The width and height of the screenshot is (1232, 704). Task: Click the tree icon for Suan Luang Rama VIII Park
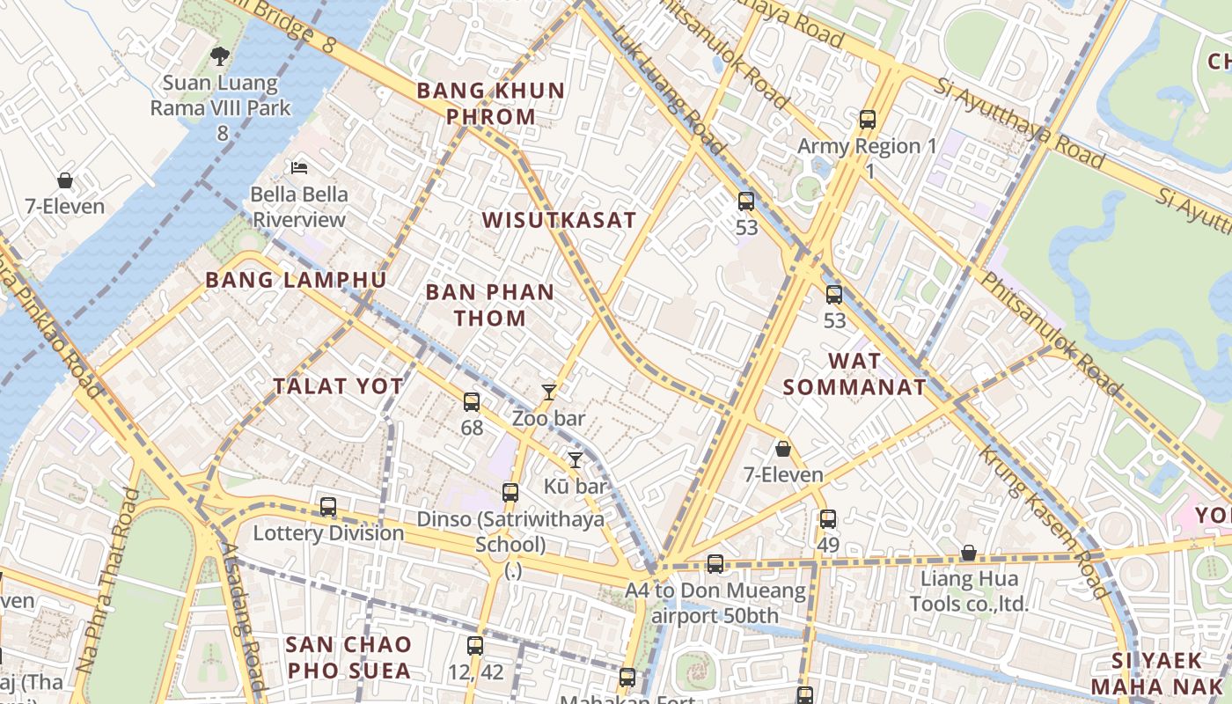219,56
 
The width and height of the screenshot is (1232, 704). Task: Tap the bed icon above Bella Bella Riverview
299,167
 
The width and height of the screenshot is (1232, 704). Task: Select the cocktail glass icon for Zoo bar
549,392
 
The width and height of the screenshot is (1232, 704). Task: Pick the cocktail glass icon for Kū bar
576,459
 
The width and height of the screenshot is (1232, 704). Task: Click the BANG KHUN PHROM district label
491,103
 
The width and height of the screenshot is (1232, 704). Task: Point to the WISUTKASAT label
559,220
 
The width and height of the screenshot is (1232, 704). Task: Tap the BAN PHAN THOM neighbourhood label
490,304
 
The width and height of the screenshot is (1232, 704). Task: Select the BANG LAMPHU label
296,280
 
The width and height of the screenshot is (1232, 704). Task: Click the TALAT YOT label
338,385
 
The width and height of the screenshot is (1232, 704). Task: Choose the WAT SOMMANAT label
854,373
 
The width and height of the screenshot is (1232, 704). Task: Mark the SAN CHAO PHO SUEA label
348,657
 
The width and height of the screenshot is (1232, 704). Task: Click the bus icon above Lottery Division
328,507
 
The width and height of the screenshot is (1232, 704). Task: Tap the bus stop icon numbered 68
472,402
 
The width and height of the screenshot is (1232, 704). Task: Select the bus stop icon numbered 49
828,519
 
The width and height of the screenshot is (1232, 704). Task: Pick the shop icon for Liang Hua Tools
968,553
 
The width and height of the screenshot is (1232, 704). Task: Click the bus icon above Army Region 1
868,120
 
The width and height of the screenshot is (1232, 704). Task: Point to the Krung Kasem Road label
1045,521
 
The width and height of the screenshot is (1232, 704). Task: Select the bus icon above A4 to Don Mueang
715,564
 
